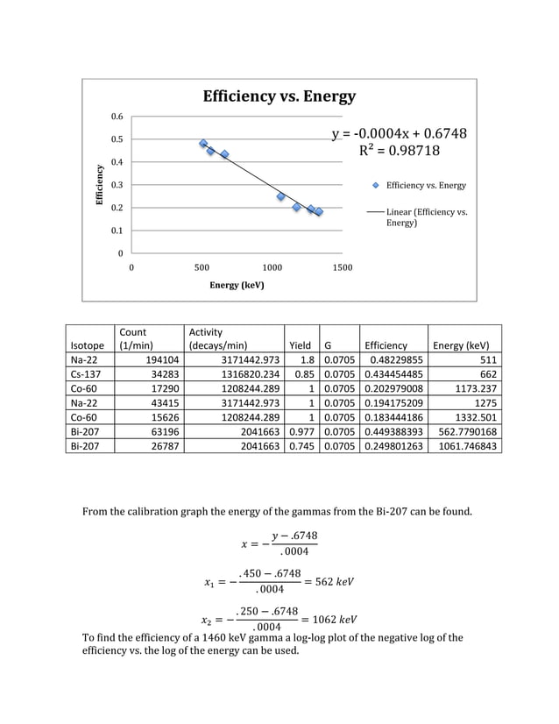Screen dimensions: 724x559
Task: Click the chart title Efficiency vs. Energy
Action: (279, 96)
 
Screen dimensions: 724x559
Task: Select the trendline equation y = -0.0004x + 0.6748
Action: (399, 133)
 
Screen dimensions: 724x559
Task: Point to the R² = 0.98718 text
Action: (400, 151)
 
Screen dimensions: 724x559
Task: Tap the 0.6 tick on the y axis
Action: (117, 117)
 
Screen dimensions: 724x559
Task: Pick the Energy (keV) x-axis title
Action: (237, 285)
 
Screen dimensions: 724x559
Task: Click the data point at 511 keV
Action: (203, 144)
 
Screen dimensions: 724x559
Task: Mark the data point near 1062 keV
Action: (281, 196)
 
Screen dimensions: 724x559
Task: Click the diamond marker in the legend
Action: (376, 186)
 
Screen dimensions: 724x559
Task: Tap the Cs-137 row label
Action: (87, 375)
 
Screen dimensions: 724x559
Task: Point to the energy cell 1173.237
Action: (471, 390)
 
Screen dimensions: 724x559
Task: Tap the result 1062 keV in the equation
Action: (333, 619)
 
